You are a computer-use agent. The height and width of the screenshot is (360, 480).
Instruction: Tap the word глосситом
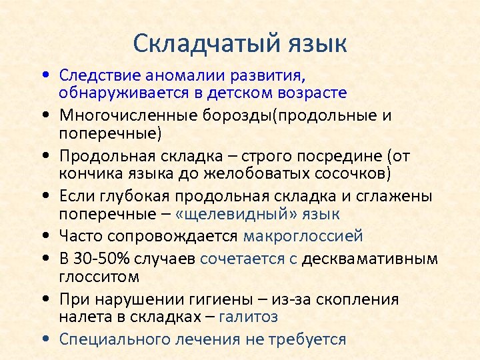click(x=93, y=275)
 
